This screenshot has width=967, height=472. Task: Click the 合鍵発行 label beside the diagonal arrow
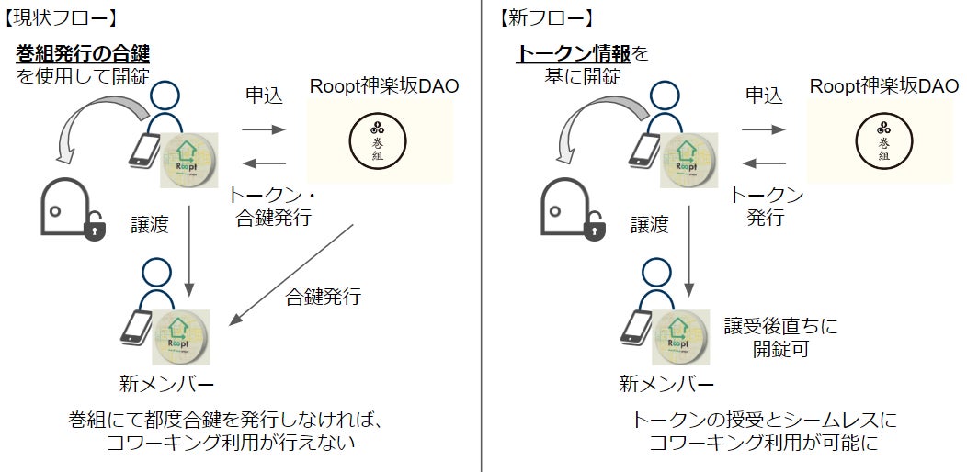323,297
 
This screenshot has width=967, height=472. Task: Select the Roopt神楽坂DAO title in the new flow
885,86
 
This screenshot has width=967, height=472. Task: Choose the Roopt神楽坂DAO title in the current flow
384,86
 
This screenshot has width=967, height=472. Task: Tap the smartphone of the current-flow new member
137,327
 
